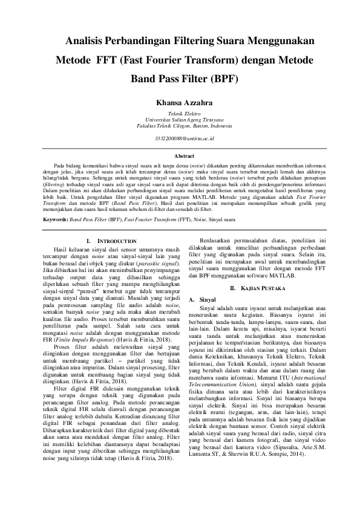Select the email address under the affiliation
180,138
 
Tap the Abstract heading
180,156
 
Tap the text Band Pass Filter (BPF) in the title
185,79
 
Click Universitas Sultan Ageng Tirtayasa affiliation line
180,120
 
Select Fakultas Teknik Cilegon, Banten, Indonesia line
180,126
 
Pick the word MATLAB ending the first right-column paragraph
281,275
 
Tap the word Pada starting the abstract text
59,164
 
